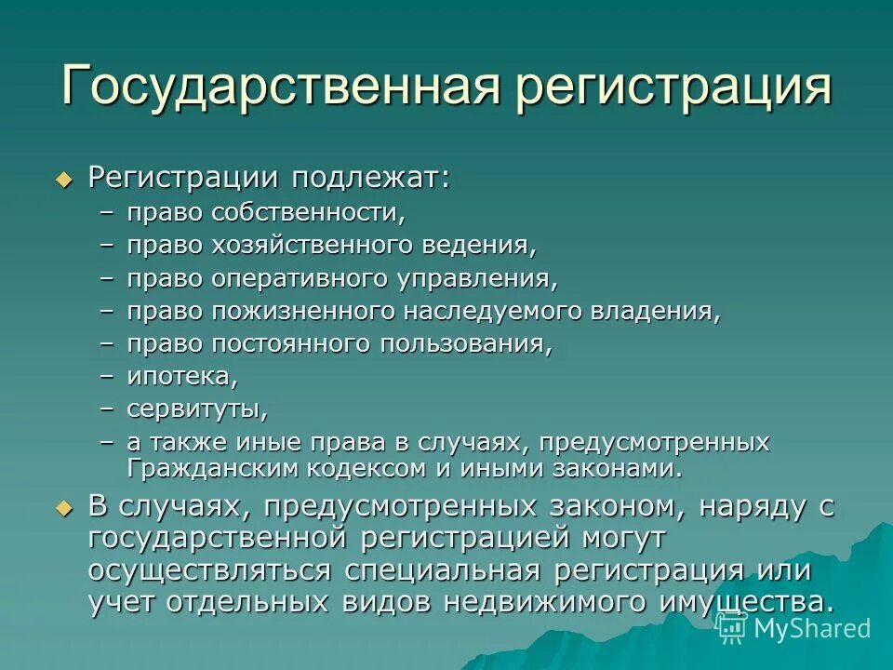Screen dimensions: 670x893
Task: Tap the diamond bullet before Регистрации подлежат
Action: pyautogui.click(x=63, y=180)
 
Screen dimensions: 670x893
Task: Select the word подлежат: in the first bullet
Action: pyautogui.click(x=372, y=178)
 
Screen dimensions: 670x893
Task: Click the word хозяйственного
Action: pyautogui.click(x=316, y=246)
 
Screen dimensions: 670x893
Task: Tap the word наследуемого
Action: pyautogui.click(x=494, y=310)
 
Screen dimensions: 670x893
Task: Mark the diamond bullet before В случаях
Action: pyautogui.click(x=63, y=508)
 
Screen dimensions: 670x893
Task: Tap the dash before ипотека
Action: pyautogui.click(x=109, y=376)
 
